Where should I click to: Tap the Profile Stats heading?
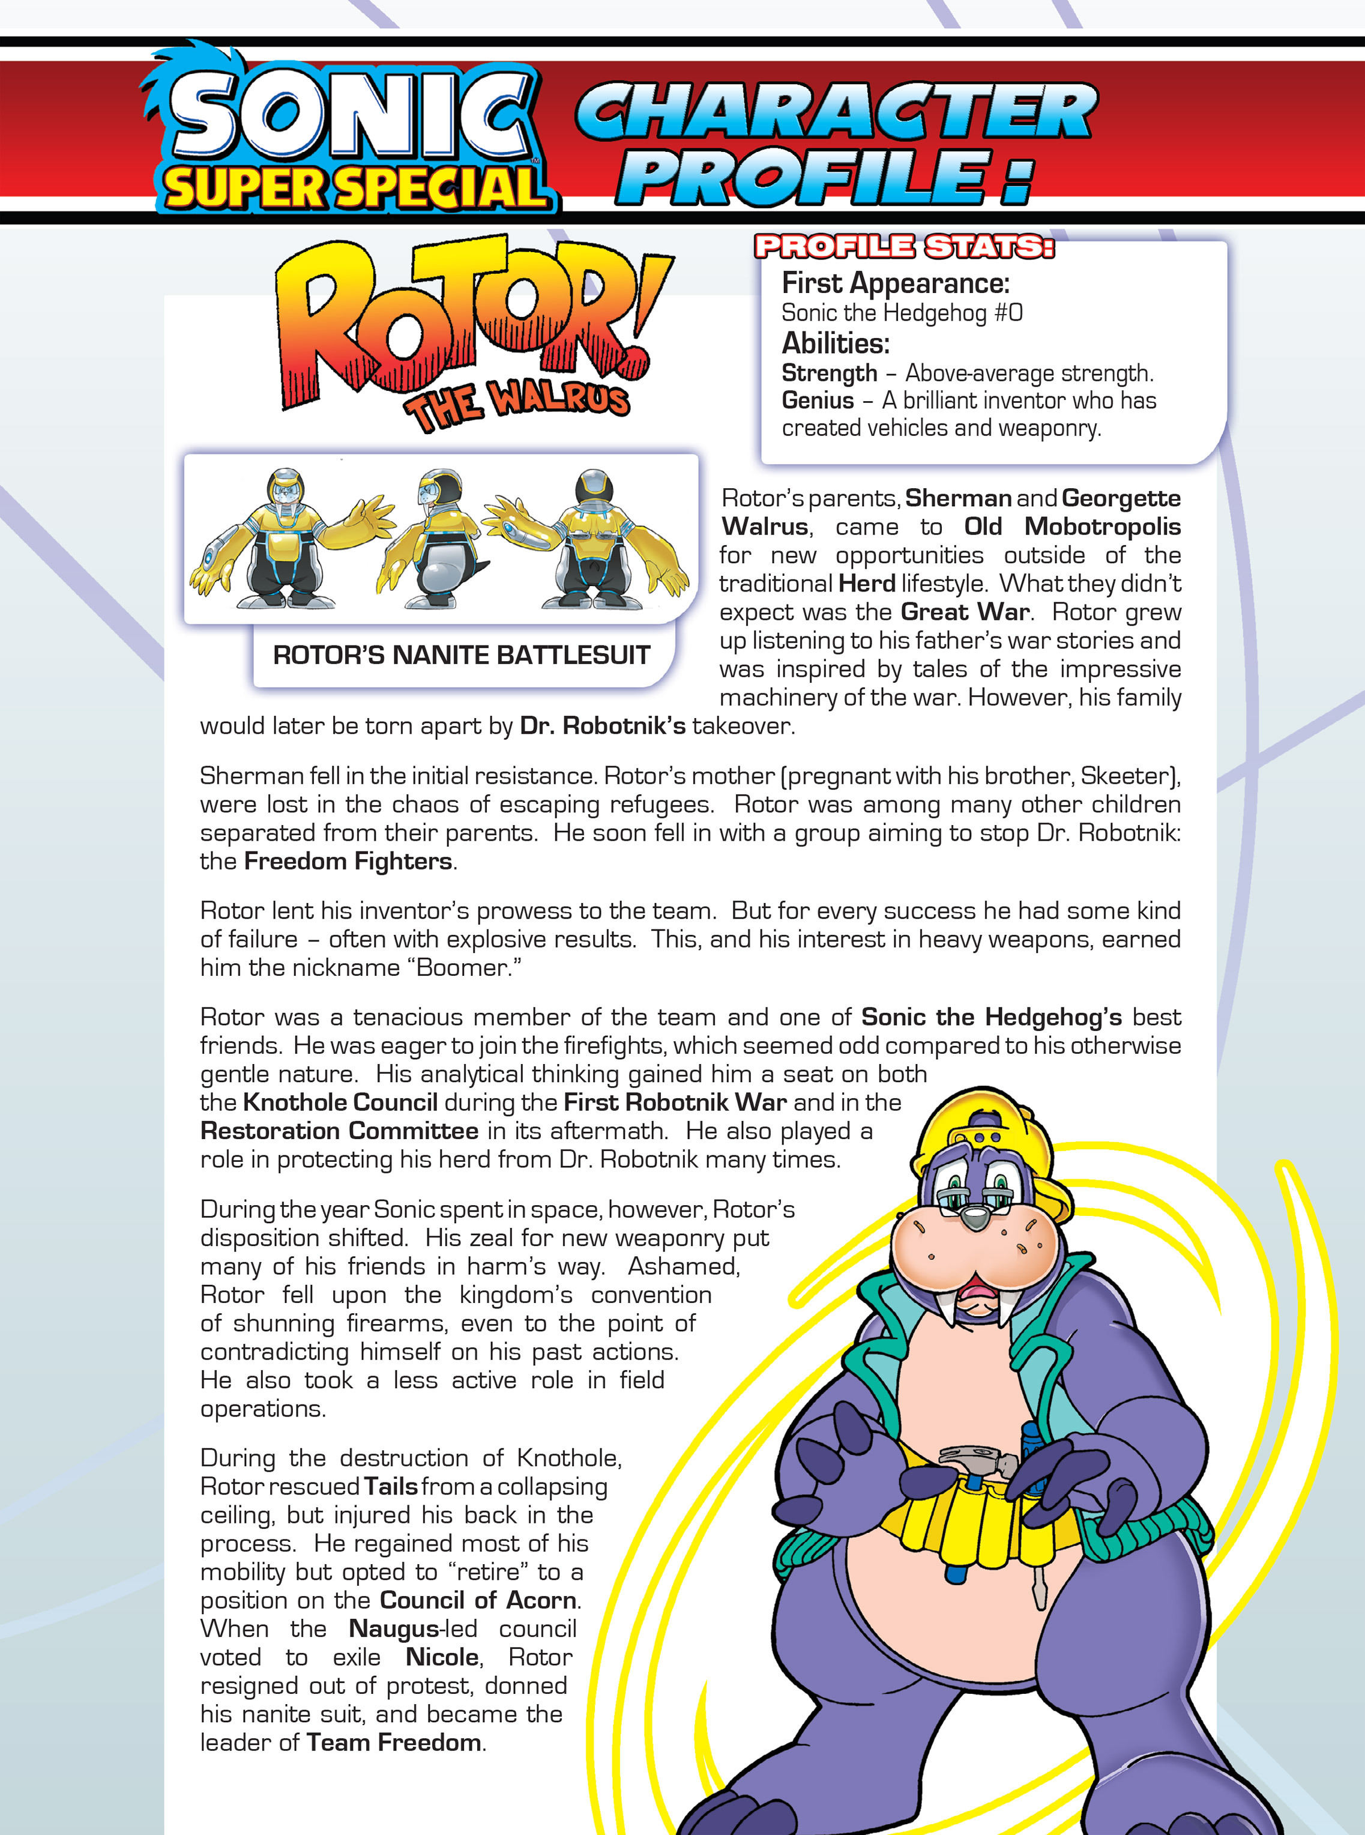coord(904,247)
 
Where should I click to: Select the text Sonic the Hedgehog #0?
coord(902,313)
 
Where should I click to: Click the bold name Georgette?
coord(1121,498)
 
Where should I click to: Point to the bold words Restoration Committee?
coord(339,1131)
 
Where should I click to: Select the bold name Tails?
coord(391,1486)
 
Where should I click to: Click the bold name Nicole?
coord(442,1657)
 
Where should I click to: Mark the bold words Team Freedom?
coord(393,1743)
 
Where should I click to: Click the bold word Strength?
coord(829,373)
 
